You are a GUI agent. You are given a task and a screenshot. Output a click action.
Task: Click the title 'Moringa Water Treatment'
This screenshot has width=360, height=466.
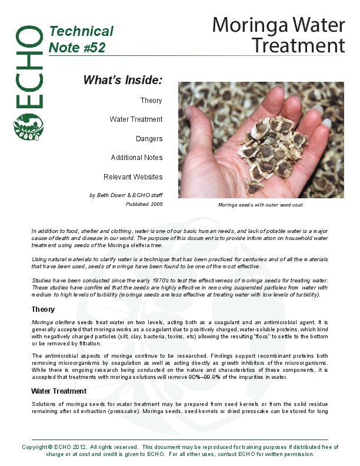[278, 35]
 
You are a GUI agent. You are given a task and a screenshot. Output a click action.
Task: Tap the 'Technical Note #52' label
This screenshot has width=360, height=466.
[81, 39]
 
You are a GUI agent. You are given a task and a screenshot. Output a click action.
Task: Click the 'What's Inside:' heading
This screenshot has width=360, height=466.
[122, 79]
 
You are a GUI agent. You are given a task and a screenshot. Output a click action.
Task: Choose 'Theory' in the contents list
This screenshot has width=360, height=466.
[151, 101]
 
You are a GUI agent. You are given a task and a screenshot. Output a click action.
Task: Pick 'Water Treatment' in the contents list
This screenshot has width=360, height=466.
[136, 119]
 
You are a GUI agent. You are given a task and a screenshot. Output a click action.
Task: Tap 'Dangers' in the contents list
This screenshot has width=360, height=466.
[149, 139]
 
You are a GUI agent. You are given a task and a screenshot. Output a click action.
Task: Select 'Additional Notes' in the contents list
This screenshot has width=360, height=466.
[136, 158]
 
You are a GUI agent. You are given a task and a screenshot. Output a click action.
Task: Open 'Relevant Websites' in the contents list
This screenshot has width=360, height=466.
[133, 177]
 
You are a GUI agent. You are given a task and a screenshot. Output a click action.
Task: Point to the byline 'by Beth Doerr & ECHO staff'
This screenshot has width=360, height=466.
[126, 194]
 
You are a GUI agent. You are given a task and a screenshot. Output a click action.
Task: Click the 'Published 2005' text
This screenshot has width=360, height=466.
[144, 204]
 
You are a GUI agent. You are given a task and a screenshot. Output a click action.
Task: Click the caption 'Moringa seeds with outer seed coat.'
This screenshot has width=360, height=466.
[261, 205]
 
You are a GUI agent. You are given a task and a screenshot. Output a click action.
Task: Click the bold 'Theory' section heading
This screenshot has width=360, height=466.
[43, 309]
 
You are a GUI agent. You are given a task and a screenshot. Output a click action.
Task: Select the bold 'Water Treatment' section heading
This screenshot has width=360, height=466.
[59, 391]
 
